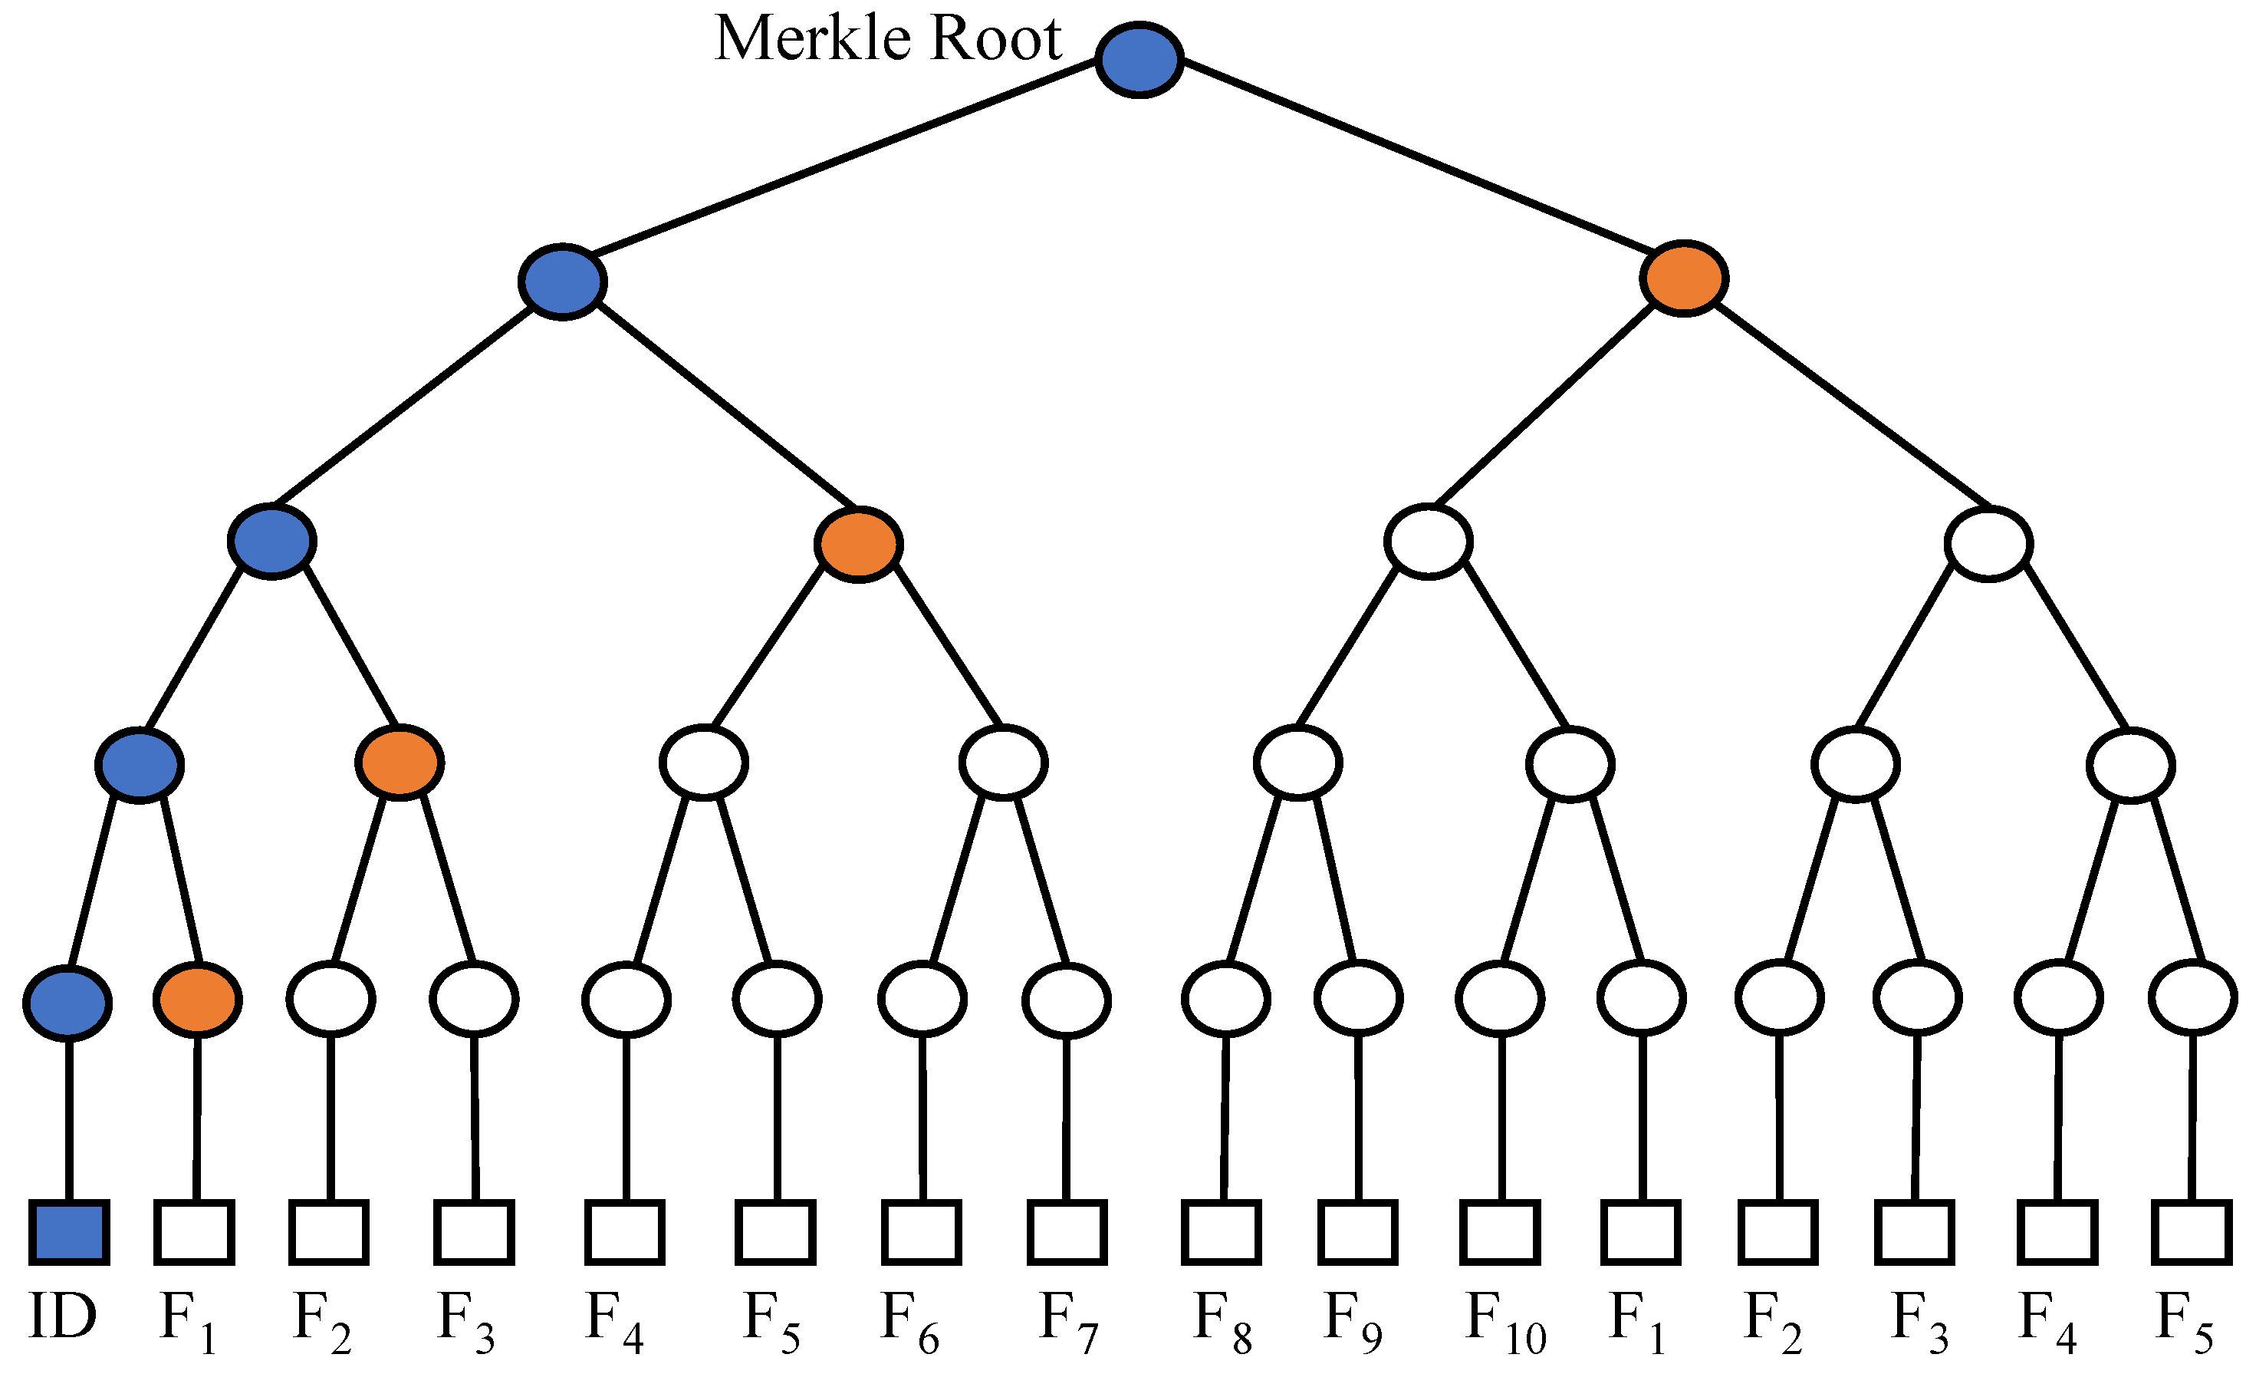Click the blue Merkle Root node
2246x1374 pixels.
[1139, 59]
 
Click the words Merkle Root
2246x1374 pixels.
[888, 39]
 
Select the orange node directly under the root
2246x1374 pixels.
[1684, 278]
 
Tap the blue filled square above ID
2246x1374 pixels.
[69, 1233]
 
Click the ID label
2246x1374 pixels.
[62, 1317]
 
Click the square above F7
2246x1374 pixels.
[1067, 1233]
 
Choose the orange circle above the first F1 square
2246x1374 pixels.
[197, 1000]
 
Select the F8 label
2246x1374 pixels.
[1222, 1322]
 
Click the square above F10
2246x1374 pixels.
[1499, 1233]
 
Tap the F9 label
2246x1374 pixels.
[1352, 1322]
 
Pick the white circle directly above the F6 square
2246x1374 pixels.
[922, 1000]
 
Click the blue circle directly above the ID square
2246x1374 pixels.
[67, 1002]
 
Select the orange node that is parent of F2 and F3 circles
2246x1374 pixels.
[400, 763]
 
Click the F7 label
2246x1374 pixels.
[1068, 1322]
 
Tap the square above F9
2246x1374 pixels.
[1357, 1233]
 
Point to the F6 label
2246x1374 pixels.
[909, 1322]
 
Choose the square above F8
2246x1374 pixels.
[1222, 1233]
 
